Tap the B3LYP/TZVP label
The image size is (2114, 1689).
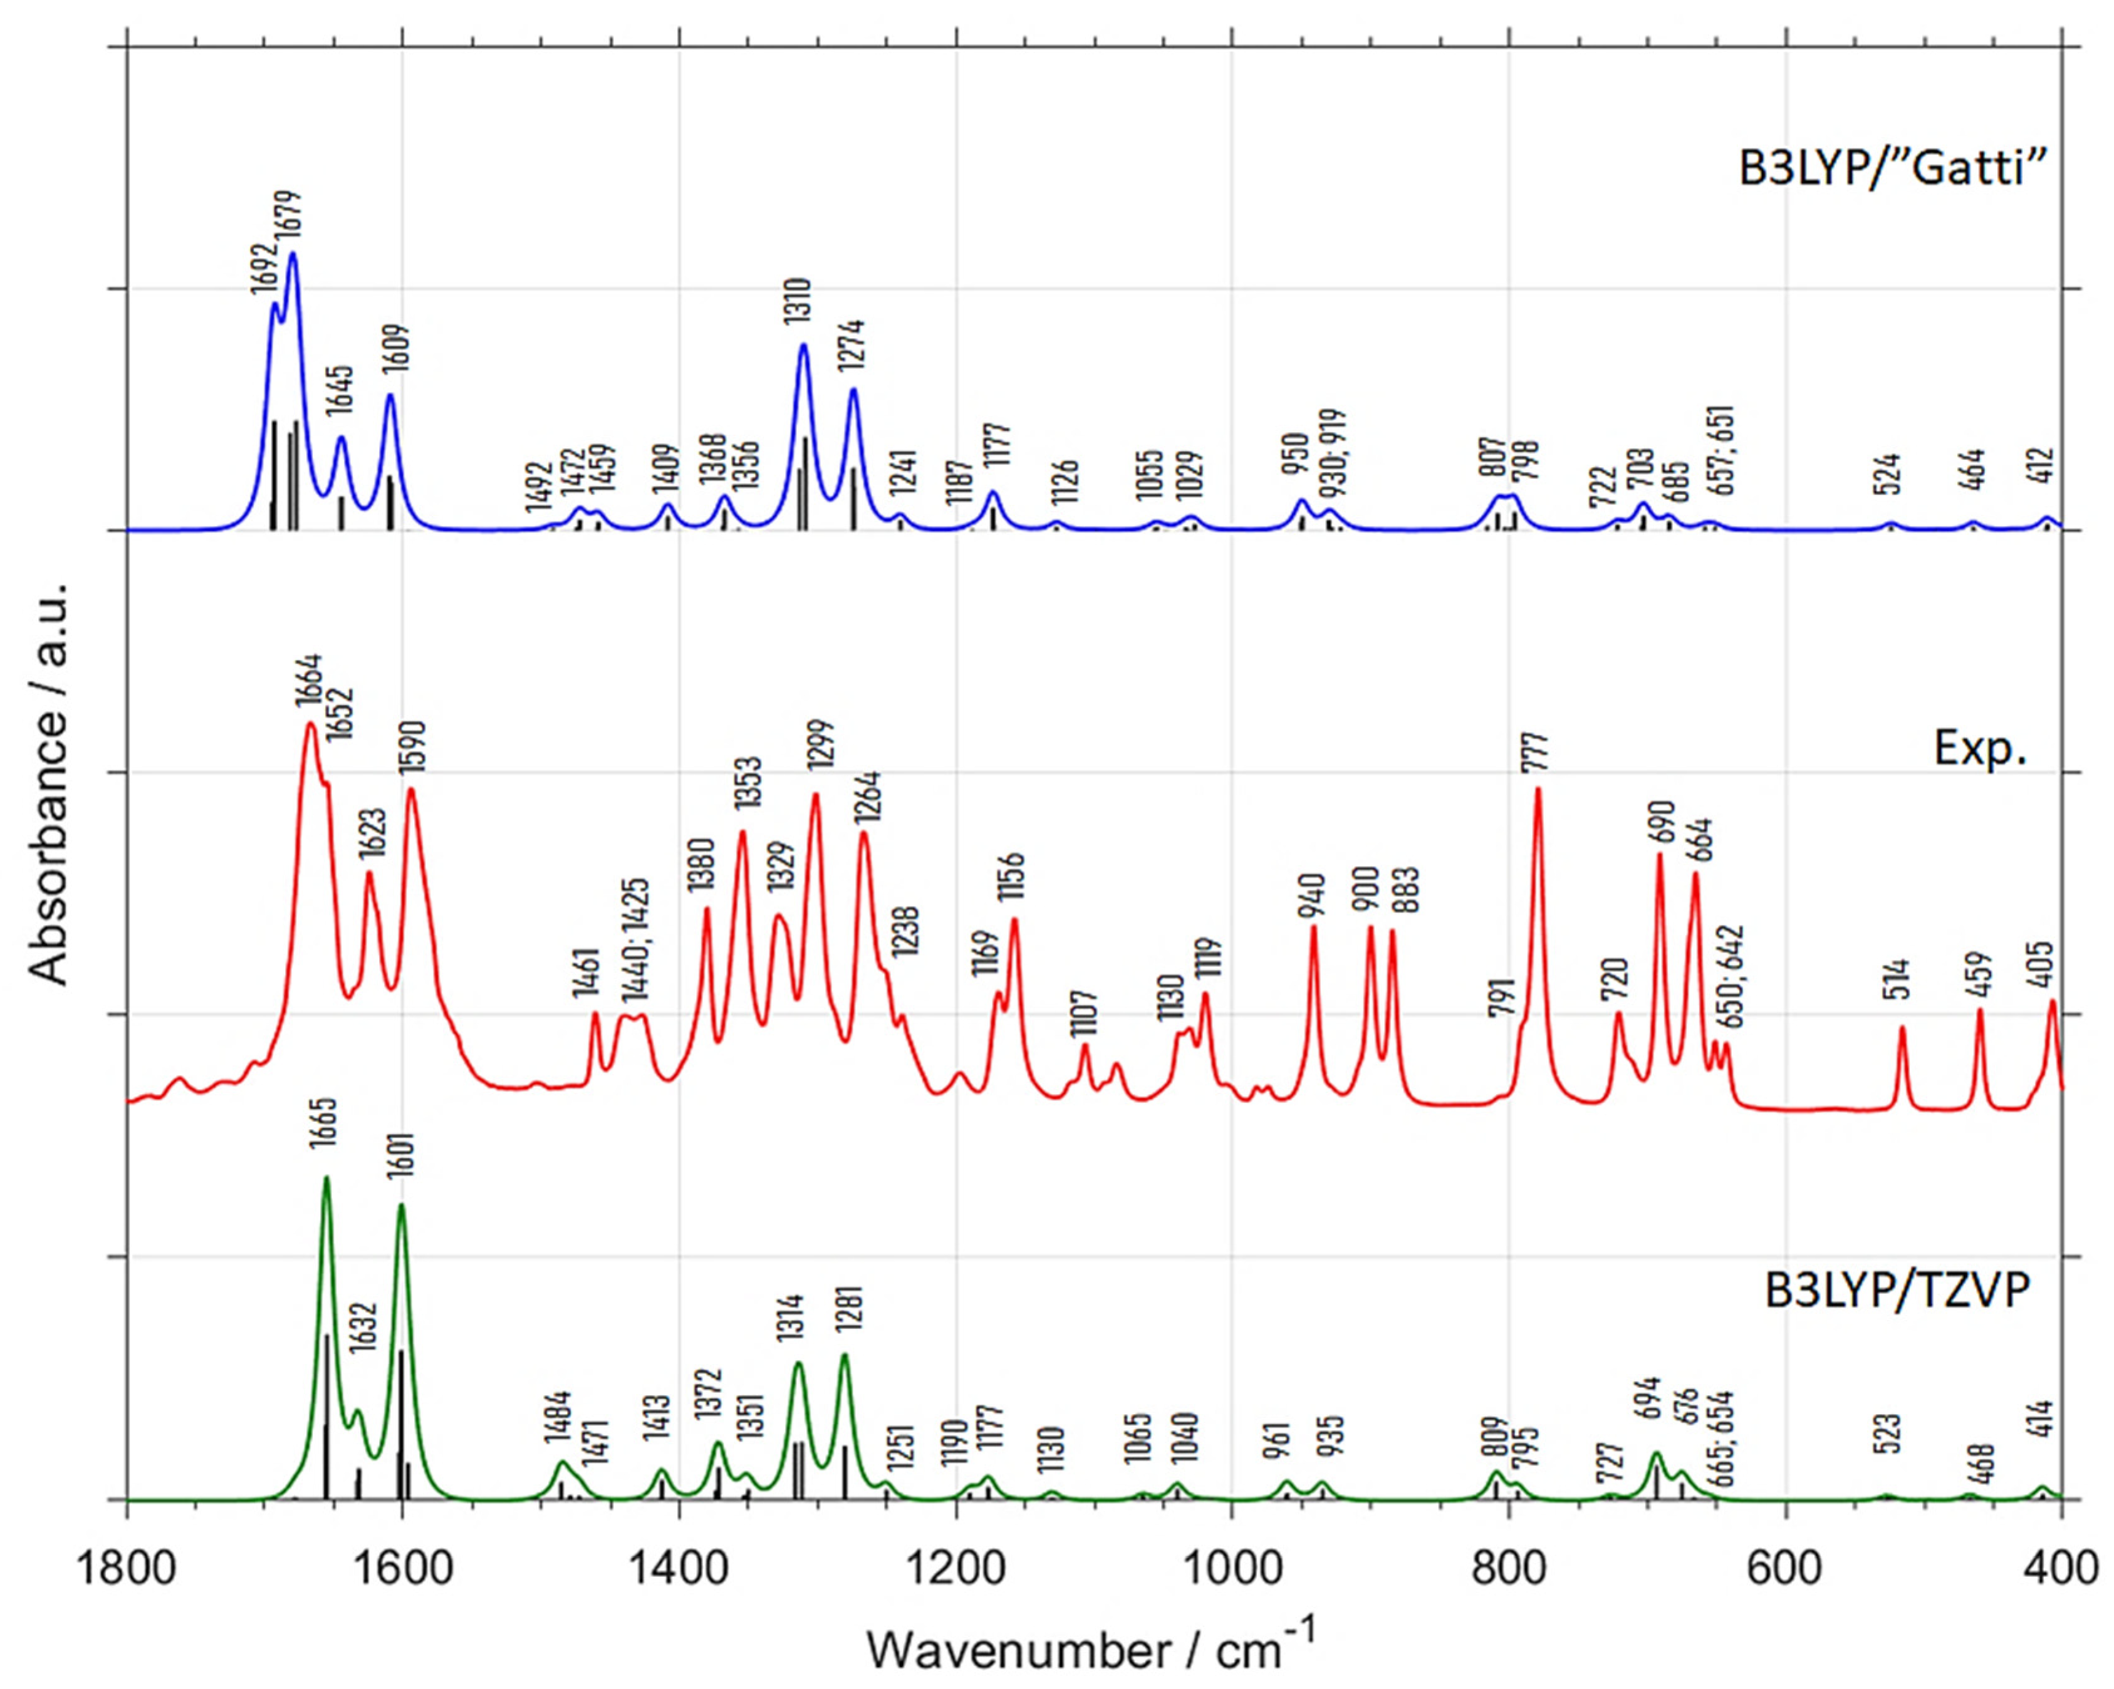coord(1897,1290)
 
